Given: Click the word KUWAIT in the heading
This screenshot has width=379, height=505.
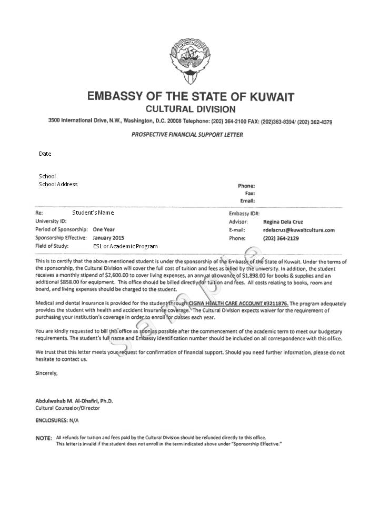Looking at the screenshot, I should pos(265,97).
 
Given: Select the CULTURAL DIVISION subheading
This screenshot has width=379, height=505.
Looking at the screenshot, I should pos(190,109).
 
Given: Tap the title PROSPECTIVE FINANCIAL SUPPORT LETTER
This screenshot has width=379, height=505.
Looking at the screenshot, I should pos(187,135).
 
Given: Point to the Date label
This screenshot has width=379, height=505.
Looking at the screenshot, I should pos(45,154).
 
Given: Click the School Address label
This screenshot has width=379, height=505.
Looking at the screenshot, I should pos(58,184).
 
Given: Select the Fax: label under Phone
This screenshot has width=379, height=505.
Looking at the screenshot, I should pos(250,193).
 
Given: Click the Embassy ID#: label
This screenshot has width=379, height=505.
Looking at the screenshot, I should pos(244,214).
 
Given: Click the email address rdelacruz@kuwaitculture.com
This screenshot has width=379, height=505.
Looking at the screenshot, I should pos(298,230).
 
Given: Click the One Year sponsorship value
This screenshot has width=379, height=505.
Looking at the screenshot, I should pos(104,229).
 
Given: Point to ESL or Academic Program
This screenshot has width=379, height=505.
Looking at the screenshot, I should pos(125,246).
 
